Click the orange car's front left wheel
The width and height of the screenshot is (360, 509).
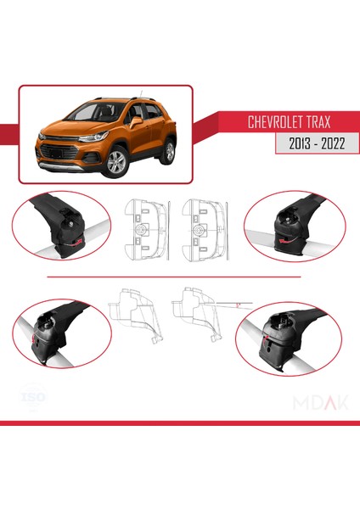[115, 161]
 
